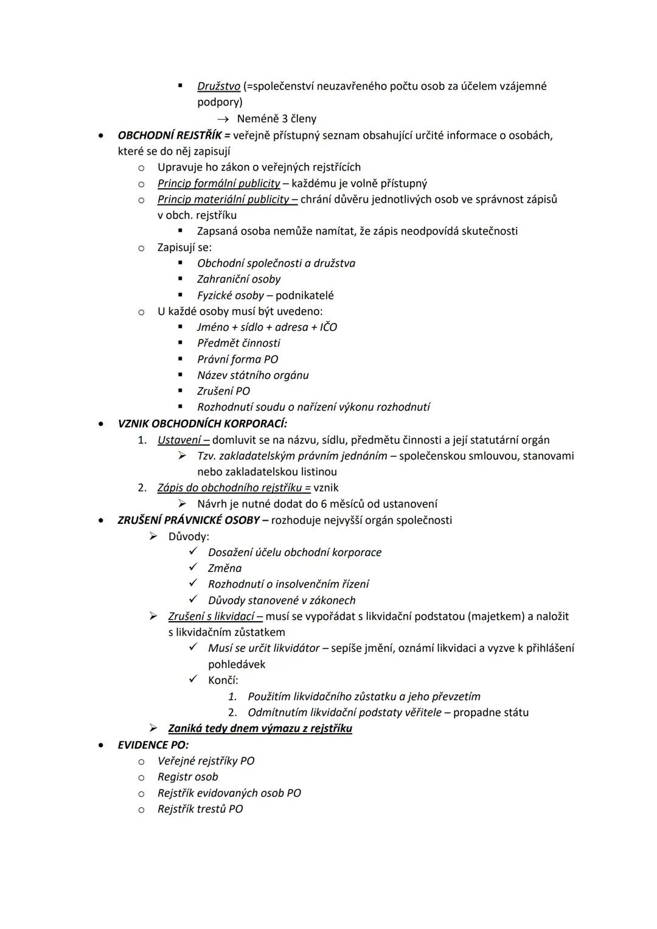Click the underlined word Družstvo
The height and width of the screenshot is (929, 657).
pyautogui.click(x=218, y=86)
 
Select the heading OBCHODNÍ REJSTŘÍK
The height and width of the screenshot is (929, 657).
pyautogui.click(x=170, y=135)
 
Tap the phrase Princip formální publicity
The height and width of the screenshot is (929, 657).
pyautogui.click(x=218, y=183)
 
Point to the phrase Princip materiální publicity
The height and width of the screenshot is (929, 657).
pyautogui.click(x=223, y=199)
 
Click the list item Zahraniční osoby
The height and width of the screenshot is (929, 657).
pyautogui.click(x=238, y=279)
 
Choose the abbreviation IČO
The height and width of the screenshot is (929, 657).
pyautogui.click(x=328, y=327)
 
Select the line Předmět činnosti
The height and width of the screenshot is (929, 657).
pyautogui.click(x=238, y=343)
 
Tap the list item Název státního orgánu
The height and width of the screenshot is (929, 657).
pyautogui.click(x=252, y=375)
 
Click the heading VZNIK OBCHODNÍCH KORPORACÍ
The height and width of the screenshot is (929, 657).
pyautogui.click(x=202, y=423)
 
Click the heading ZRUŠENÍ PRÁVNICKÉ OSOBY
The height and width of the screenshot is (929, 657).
pyautogui.click(x=189, y=520)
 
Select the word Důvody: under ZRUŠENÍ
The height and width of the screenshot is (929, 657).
pyautogui.click(x=189, y=537)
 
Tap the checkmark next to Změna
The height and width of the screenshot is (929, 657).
pyautogui.click(x=193, y=568)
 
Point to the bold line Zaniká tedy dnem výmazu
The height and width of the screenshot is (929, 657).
pyautogui.click(x=260, y=728)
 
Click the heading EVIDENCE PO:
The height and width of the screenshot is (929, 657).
pyautogui.click(x=153, y=745)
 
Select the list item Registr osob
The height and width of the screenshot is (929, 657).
pyautogui.click(x=187, y=777)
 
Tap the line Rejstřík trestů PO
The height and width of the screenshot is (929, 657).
pyautogui.click(x=200, y=809)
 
